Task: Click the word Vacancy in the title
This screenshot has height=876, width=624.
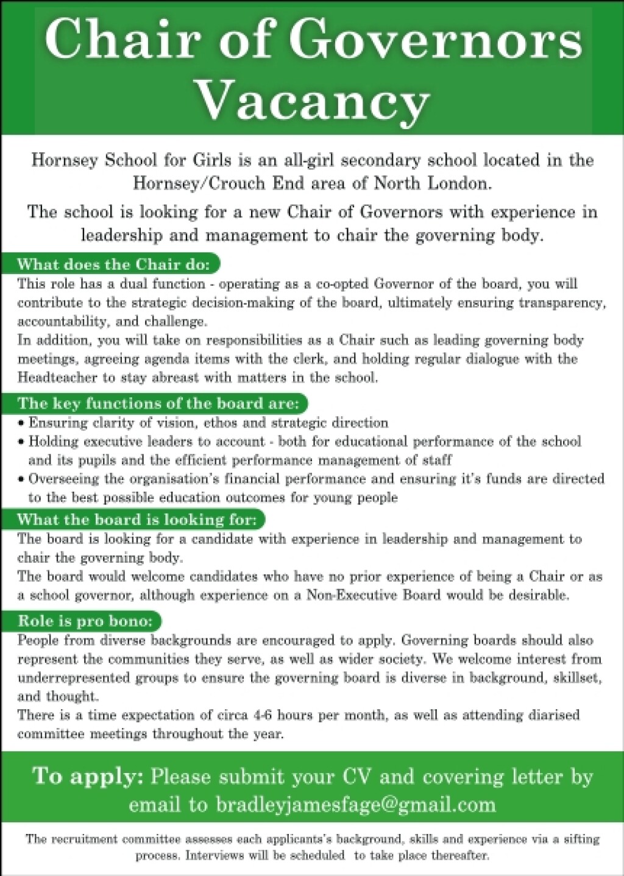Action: click(x=313, y=101)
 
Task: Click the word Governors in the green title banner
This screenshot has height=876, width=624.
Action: click(x=434, y=39)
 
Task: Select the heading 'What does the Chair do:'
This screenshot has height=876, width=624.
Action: click(x=113, y=264)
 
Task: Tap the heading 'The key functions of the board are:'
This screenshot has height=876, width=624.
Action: click(x=158, y=403)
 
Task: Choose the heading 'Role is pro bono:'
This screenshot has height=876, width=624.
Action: click(x=85, y=621)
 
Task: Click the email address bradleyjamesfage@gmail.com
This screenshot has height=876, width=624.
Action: click(x=356, y=805)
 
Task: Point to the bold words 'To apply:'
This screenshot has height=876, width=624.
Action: click(x=88, y=776)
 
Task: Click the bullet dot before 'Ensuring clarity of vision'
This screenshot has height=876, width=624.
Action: click(x=21, y=423)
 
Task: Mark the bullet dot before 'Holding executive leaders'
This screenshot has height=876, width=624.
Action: click(x=21, y=442)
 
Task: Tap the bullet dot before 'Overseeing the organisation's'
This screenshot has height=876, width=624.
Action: click(x=21, y=479)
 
